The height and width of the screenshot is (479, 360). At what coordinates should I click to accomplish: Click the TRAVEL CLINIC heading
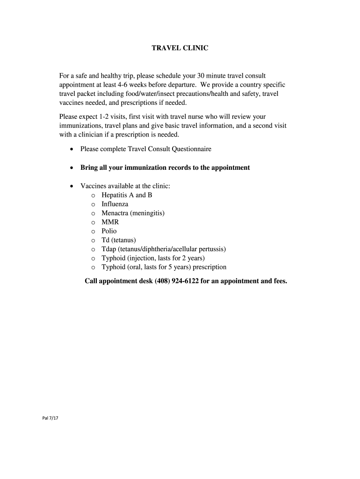180,48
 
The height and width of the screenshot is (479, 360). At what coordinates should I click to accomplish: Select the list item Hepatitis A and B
127,195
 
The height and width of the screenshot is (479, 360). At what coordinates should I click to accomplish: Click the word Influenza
115,204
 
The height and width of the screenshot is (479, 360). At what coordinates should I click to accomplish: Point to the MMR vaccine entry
110,222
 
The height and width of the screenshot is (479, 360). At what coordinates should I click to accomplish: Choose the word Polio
109,231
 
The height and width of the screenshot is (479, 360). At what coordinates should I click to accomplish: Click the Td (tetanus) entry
119,240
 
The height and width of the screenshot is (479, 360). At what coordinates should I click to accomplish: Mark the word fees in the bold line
278,281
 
